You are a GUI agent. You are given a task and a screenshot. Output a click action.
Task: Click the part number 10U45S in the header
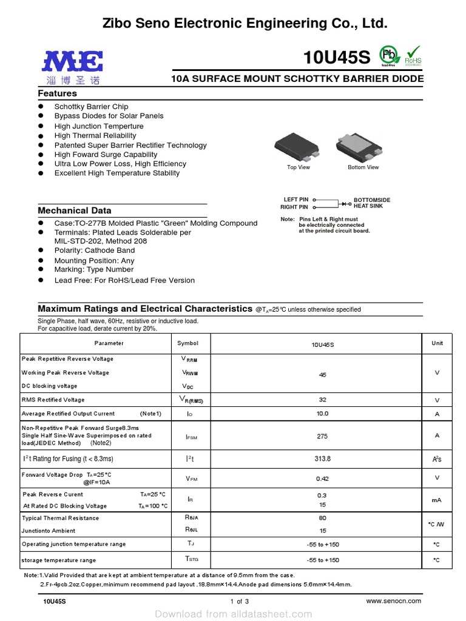pyautogui.click(x=336, y=58)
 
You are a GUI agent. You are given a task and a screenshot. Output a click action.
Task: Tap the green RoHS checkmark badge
pyautogui.click(x=413, y=55)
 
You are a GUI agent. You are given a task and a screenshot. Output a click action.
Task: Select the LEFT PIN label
pyautogui.click(x=296, y=200)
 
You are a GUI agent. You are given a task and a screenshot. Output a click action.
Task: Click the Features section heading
pyautogui.click(x=58, y=93)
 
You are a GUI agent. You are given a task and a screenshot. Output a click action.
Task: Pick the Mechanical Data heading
pyautogui.click(x=75, y=210)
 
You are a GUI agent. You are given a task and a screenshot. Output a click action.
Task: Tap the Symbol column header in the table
pyautogui.click(x=188, y=343)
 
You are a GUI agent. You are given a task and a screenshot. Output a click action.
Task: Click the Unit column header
pyautogui.click(x=437, y=343)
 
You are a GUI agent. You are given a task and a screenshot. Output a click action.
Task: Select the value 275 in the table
pyautogui.click(x=322, y=436)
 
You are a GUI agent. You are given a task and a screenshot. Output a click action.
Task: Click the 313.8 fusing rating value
pyautogui.click(x=322, y=458)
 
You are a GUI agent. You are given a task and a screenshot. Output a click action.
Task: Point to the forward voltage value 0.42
pyautogui.click(x=322, y=478)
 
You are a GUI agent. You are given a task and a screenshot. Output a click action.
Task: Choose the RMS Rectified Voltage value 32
pyautogui.click(x=322, y=400)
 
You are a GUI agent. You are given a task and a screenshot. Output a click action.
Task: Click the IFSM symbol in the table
pyautogui.click(x=191, y=437)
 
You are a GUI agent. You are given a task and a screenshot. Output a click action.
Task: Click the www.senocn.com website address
pyautogui.click(x=394, y=600)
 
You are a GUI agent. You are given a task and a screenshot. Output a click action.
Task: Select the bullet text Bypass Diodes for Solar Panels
pyautogui.click(x=109, y=116)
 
